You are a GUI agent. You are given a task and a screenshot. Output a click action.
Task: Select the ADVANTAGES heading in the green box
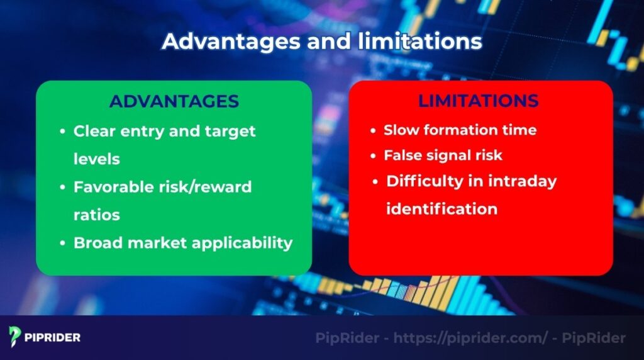click(x=174, y=102)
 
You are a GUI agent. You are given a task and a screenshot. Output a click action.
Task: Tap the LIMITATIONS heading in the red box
click(x=478, y=101)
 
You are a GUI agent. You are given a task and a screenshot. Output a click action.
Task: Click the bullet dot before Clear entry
click(x=62, y=132)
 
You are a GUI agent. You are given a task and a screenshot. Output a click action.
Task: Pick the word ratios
click(x=97, y=215)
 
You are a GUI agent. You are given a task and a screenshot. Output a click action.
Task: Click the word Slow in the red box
click(x=401, y=130)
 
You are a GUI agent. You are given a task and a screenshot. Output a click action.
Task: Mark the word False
click(x=402, y=155)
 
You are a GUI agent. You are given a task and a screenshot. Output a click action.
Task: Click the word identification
click(x=441, y=208)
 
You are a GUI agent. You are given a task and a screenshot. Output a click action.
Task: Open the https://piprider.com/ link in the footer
click(x=471, y=338)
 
